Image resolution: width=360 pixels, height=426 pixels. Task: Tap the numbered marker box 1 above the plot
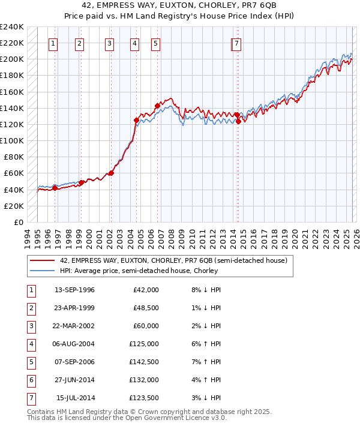(x=53, y=43)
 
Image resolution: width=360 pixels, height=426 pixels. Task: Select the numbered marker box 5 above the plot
(x=155, y=43)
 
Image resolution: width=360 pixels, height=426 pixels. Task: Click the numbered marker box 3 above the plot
(x=110, y=43)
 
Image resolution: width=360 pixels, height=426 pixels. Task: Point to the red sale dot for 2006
(x=157, y=106)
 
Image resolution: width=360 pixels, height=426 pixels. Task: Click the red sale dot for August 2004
(x=136, y=120)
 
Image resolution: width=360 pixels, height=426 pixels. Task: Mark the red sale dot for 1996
(x=55, y=188)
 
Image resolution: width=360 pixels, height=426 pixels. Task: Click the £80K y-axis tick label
(x=14, y=157)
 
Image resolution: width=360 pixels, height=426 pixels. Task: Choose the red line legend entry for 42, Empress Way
(x=174, y=260)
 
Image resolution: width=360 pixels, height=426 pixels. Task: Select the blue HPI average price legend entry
(x=139, y=271)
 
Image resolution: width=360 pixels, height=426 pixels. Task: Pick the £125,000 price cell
(x=146, y=344)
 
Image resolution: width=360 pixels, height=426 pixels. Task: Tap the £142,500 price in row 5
(x=146, y=362)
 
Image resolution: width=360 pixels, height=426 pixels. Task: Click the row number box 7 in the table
(x=31, y=398)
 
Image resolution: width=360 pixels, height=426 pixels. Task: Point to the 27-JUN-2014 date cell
(x=74, y=380)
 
